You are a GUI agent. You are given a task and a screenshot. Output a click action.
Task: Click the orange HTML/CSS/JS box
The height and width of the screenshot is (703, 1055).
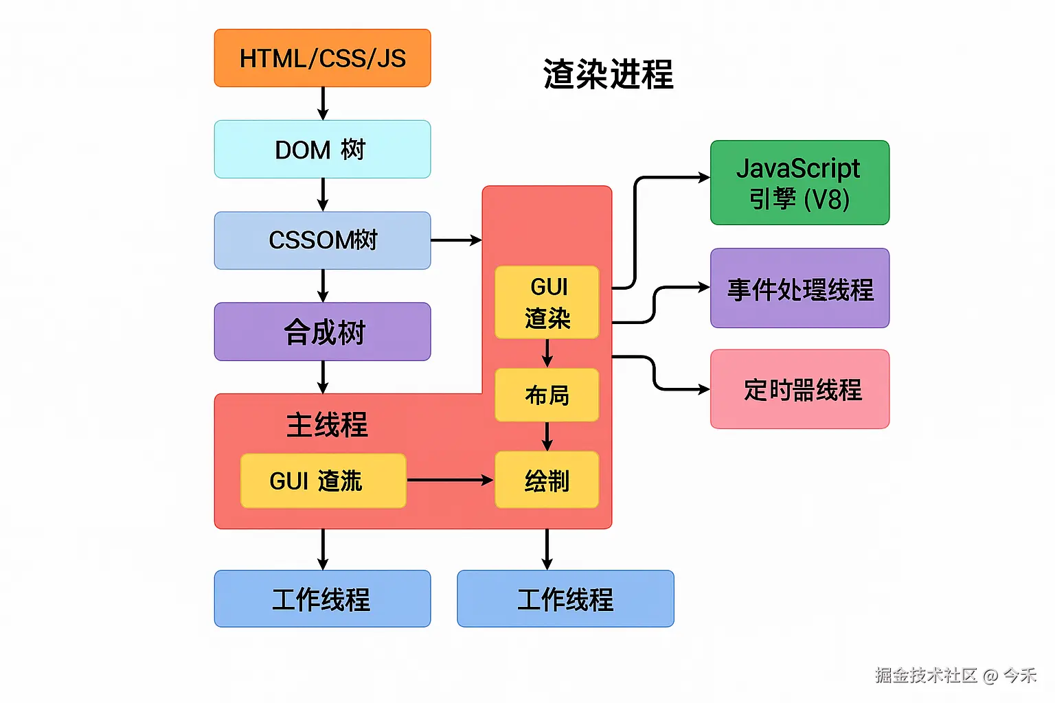click(x=322, y=58)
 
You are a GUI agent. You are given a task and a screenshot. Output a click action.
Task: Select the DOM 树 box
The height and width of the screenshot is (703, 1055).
click(x=322, y=150)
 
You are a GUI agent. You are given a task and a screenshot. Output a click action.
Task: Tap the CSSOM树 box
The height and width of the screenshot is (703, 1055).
click(x=322, y=240)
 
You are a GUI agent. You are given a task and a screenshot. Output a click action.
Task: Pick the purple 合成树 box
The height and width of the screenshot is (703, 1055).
click(x=322, y=332)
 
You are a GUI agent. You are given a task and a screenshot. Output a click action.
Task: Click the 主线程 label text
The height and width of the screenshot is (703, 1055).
click(x=327, y=425)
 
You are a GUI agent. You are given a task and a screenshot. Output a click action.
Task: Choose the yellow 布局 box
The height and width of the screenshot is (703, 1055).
click(x=547, y=395)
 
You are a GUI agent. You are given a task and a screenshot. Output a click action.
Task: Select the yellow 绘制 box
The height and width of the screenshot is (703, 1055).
click(x=547, y=481)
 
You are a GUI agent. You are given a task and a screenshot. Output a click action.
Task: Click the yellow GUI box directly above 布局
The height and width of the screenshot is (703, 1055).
click(x=547, y=302)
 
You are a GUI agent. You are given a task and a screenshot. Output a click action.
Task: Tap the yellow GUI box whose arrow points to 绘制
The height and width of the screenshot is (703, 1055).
click(x=323, y=481)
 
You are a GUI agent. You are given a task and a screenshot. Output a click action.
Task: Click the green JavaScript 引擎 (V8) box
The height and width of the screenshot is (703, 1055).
click(x=799, y=183)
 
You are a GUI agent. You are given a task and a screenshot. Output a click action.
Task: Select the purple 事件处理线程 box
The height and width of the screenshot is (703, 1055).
click(x=799, y=288)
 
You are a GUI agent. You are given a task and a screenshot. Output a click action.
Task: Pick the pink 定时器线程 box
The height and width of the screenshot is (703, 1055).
click(x=799, y=389)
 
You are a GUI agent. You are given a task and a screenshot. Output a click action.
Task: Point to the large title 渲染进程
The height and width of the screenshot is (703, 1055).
click(x=608, y=74)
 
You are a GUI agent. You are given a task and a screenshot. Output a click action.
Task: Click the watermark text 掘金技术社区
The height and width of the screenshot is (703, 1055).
click(x=926, y=676)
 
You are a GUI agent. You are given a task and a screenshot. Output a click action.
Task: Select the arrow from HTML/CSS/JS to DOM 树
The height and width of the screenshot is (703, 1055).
click(x=323, y=103)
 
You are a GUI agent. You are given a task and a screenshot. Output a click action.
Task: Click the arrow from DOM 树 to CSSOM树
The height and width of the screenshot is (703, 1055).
click(x=323, y=194)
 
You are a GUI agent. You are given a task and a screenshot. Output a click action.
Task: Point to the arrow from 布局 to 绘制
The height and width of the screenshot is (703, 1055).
click(x=547, y=436)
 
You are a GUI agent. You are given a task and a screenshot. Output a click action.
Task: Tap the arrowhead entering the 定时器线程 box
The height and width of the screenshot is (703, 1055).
click(x=704, y=389)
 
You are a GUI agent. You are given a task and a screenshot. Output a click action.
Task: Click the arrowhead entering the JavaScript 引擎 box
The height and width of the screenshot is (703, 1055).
click(x=704, y=177)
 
